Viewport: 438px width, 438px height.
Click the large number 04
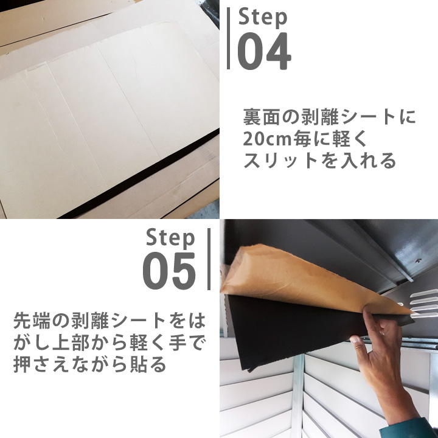(x=263, y=51)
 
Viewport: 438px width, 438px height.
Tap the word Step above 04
(x=263, y=16)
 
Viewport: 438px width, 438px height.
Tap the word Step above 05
(x=170, y=237)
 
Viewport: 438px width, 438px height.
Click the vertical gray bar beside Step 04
(x=229, y=38)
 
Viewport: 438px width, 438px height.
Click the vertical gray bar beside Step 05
(x=209, y=259)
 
